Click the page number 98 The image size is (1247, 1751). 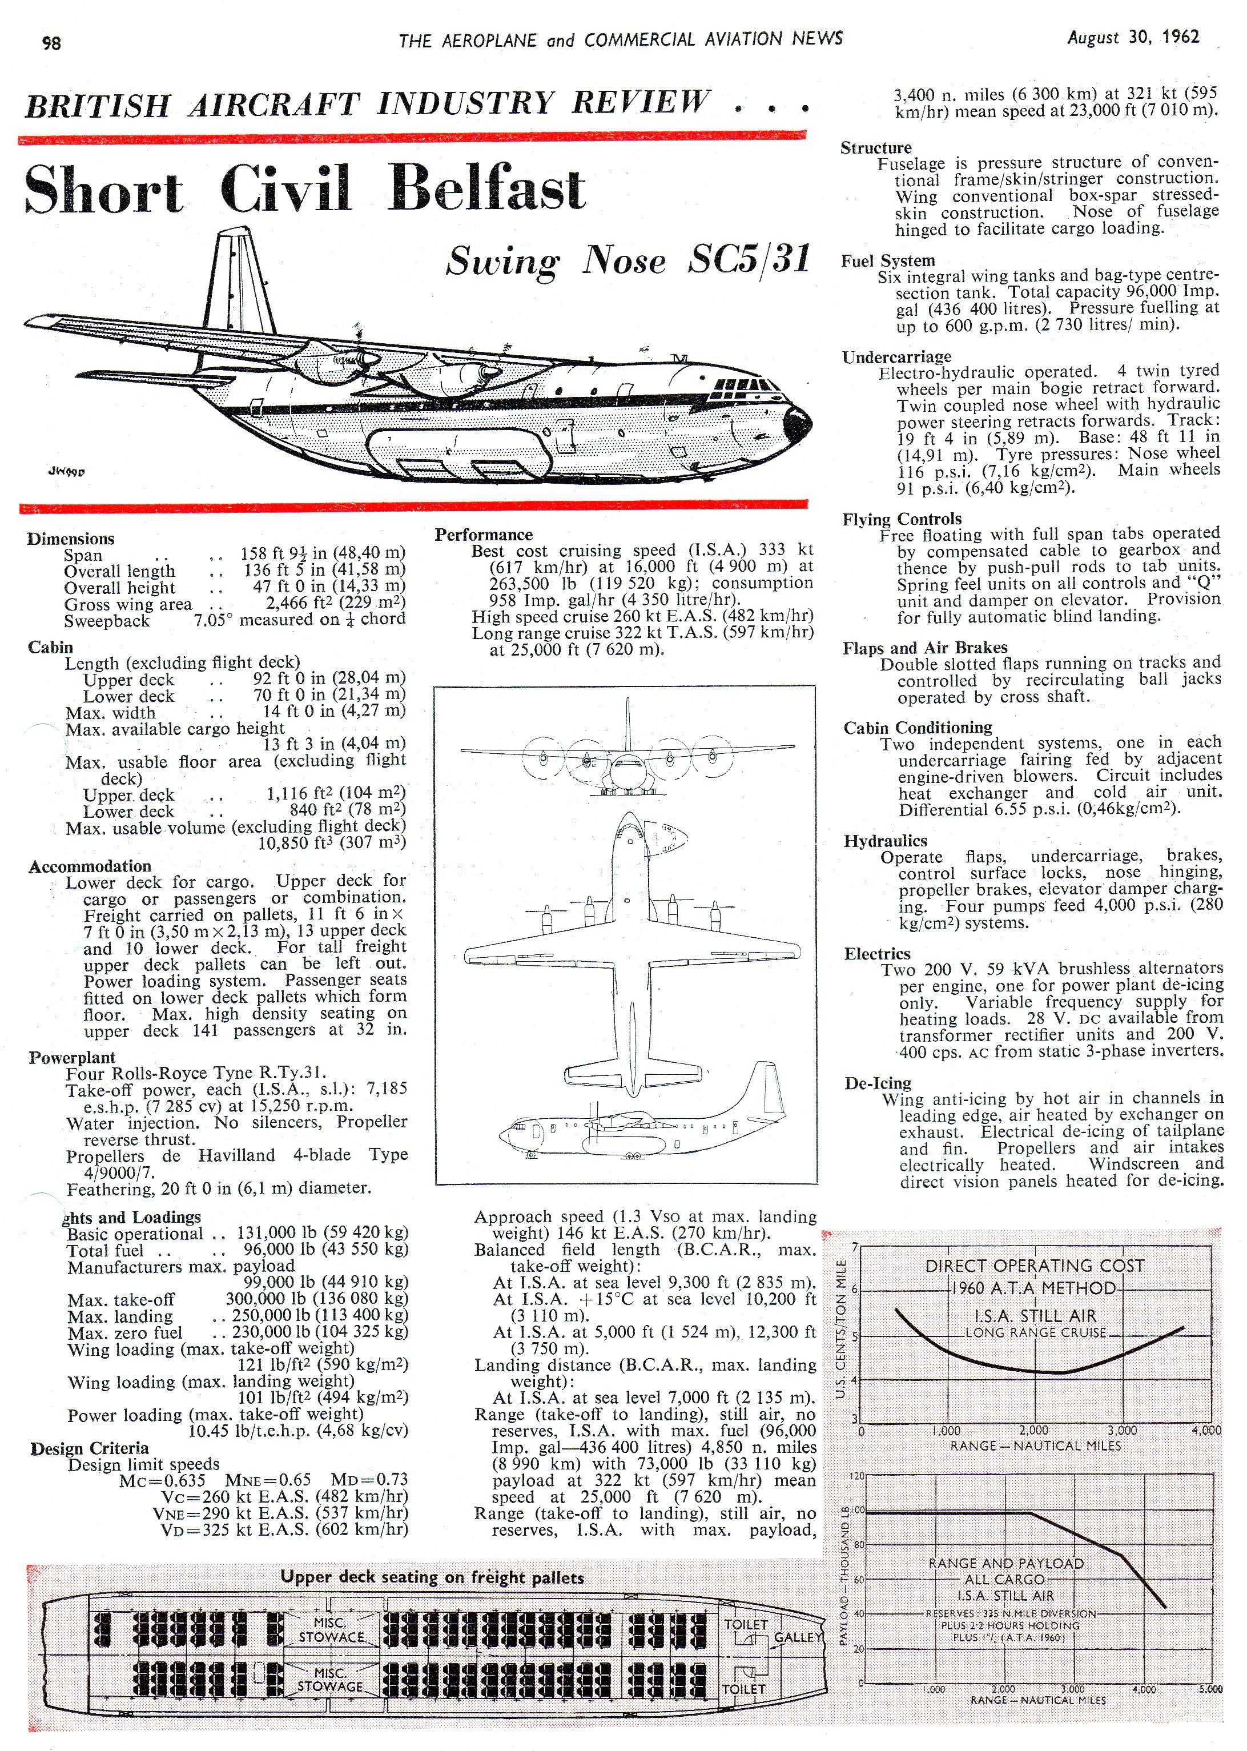(x=51, y=43)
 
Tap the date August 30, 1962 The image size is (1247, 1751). (x=1133, y=38)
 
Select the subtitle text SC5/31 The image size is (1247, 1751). (x=749, y=259)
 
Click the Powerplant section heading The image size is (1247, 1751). (x=72, y=1058)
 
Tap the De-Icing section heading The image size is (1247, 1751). (x=878, y=1083)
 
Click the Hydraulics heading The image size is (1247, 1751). (x=886, y=841)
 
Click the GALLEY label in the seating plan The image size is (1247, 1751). (x=798, y=1637)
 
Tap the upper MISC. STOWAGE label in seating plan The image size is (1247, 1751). (x=331, y=1630)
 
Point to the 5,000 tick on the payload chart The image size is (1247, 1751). (x=1210, y=1689)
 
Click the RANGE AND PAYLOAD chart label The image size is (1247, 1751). (x=1006, y=1564)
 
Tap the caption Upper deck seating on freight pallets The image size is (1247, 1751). (x=432, y=1577)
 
